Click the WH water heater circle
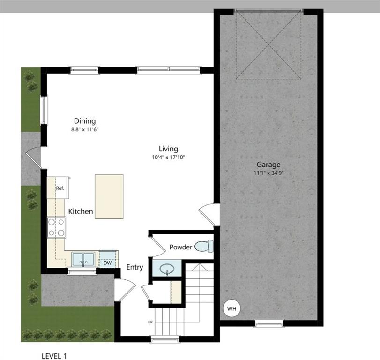pyautogui.click(x=231, y=308)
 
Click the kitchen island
pyautogui.click(x=109, y=196)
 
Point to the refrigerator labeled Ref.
pyautogui.click(x=60, y=188)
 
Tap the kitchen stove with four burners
pyautogui.click(x=56, y=227)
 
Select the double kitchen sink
pyautogui.click(x=83, y=259)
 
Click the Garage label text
pyautogui.click(x=268, y=165)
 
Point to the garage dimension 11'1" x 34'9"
pyautogui.click(x=268, y=173)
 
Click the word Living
pyautogui.click(x=168, y=149)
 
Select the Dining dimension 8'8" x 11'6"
pyautogui.click(x=84, y=129)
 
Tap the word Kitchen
pyautogui.click(x=81, y=211)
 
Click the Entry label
pyautogui.click(x=134, y=267)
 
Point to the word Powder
pyautogui.click(x=180, y=247)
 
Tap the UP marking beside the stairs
pyautogui.click(x=150, y=322)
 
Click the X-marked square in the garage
pyautogui.click(x=268, y=45)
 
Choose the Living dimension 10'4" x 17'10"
pyautogui.click(x=168, y=157)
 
